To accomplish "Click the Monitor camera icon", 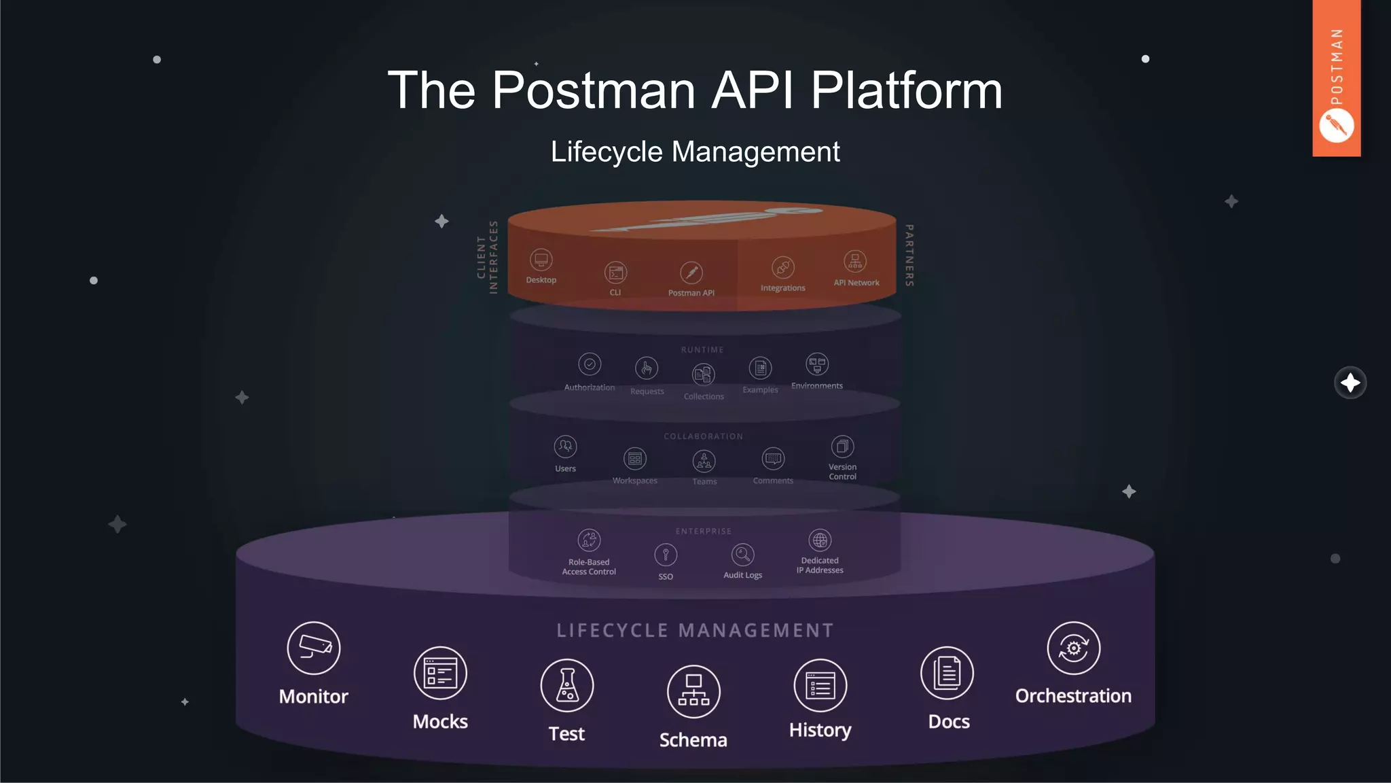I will tap(313, 648).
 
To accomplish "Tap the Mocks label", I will tap(440, 721).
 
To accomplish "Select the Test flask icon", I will tap(566, 685).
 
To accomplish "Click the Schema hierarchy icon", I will tap(693, 691).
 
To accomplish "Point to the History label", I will tap(820, 730).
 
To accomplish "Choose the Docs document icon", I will tap(947, 673).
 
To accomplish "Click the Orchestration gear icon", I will tap(1073, 648).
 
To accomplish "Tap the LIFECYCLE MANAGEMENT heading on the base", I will tap(695, 630).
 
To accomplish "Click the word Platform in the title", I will tap(906, 90).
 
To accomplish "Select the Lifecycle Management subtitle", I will tap(695, 152).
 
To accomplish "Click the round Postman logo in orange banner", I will tap(1336, 126).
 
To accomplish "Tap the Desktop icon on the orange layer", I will tap(541, 260).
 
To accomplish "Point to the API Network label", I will tap(856, 283).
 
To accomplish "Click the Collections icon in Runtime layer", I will tap(703, 375).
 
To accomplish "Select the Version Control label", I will tap(842, 472).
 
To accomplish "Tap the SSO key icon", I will tap(666, 555).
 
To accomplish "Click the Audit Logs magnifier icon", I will tap(742, 555).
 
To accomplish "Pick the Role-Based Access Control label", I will tap(589, 567).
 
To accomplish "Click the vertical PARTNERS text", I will tap(909, 255).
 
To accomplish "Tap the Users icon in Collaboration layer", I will tap(565, 447).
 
